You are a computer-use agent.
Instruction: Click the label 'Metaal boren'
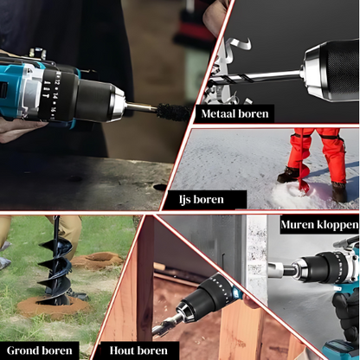coord(235,113)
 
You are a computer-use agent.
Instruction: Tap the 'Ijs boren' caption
coord(201,199)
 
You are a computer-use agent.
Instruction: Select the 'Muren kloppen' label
coord(319,224)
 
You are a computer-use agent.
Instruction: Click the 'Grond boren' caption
coord(39,350)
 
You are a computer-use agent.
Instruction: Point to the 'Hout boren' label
coord(138,350)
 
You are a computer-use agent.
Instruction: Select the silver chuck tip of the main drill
coord(118,103)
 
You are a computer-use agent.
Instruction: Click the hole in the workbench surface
coord(160,187)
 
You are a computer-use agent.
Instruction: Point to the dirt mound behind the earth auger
coord(97,260)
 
